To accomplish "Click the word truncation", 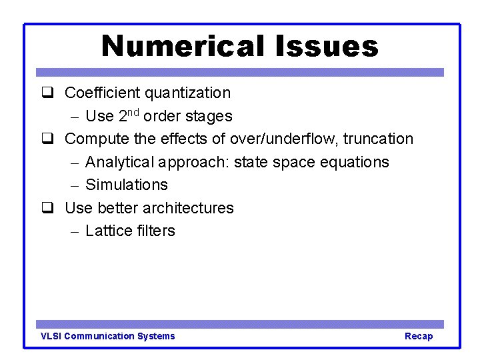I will coord(378,139).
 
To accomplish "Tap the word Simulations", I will coord(127,185).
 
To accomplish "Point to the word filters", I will coord(155,231).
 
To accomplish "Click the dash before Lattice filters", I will coord(75,231).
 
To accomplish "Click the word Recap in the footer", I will coord(419,336).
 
